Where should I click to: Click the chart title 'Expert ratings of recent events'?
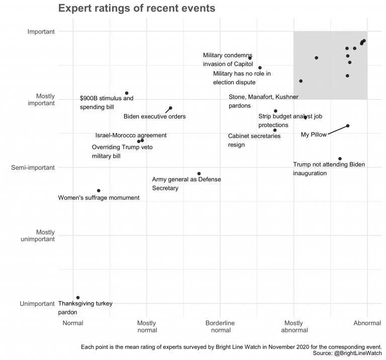137,9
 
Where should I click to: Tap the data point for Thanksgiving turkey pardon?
78,298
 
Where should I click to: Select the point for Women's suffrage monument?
99,191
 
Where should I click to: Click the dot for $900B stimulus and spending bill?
127,93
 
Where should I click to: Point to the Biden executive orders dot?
170,108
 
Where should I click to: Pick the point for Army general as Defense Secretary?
199,174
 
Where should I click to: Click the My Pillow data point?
348,126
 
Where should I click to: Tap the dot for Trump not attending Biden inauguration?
340,159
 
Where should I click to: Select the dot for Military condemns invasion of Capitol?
250,58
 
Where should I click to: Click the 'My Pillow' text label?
314,135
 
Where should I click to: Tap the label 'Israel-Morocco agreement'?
131,136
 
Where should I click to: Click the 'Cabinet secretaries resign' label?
254,140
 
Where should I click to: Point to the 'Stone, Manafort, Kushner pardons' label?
257,101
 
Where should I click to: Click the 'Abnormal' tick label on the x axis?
367,323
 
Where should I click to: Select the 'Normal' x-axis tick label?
73,323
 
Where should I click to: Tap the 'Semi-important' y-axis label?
33,168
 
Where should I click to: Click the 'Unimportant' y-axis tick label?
37,304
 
